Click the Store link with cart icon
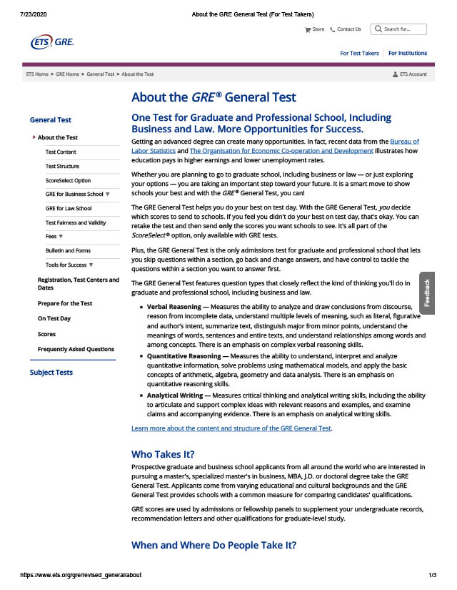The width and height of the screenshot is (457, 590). pos(314,29)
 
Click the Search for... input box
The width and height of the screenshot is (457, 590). pos(404,29)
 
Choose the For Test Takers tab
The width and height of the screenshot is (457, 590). pos(359,53)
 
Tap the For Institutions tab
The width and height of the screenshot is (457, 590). pos(408,53)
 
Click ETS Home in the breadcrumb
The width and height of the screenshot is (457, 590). pos(37,74)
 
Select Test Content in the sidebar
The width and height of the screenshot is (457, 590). pos(61,152)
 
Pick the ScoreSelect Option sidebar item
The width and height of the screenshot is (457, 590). pos(68,180)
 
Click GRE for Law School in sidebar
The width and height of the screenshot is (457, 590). pos(68,208)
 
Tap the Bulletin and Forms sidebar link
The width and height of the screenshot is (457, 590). pos(68,250)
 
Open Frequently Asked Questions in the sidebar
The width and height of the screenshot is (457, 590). pos(76,349)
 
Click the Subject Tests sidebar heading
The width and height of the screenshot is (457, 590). pos(51,372)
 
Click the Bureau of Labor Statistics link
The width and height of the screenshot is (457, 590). pos(404,142)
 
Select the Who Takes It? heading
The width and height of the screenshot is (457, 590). pos(163,454)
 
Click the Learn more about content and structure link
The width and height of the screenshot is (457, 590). pos(231,428)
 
